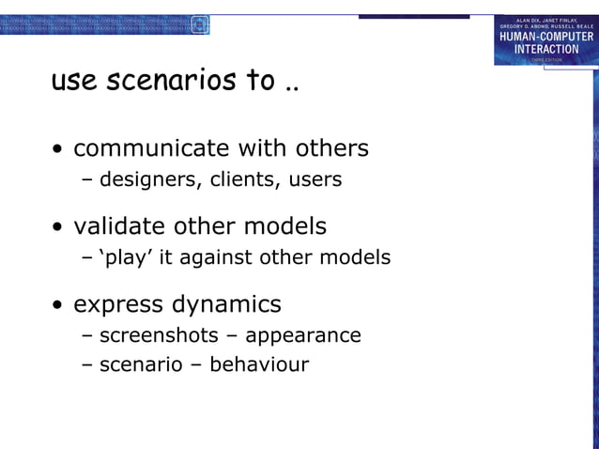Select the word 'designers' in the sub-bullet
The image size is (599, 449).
coord(146,178)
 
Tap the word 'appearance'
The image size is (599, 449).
coord(303,335)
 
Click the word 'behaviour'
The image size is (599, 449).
coord(259,364)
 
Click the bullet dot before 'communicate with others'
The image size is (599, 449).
coord(59,150)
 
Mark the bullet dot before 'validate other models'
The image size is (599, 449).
coord(59,228)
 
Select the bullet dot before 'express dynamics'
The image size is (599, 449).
coord(59,306)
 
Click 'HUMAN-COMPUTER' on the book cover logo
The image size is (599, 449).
coord(545,37)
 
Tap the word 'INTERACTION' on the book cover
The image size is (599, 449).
coord(545,49)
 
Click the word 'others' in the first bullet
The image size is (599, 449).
coord(330,148)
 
